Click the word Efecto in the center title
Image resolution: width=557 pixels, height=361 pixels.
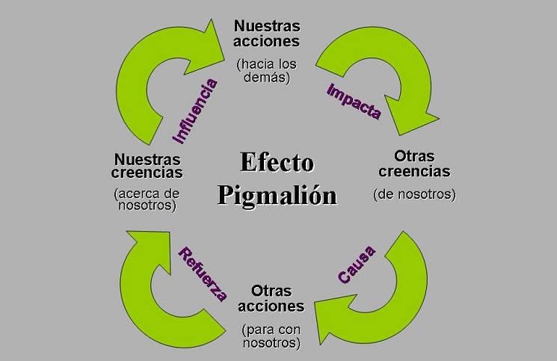coord(277,162)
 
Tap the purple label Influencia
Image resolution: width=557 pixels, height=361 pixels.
coord(195,111)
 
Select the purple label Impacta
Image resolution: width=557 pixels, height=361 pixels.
coord(354,102)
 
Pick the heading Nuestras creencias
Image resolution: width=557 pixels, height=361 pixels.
coord(147,166)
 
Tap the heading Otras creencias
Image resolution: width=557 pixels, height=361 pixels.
coord(413,164)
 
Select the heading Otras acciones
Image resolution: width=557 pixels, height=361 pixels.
coord(271,298)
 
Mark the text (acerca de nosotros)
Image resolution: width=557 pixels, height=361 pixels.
coord(147,200)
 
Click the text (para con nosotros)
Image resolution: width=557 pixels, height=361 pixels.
coord(271,336)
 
